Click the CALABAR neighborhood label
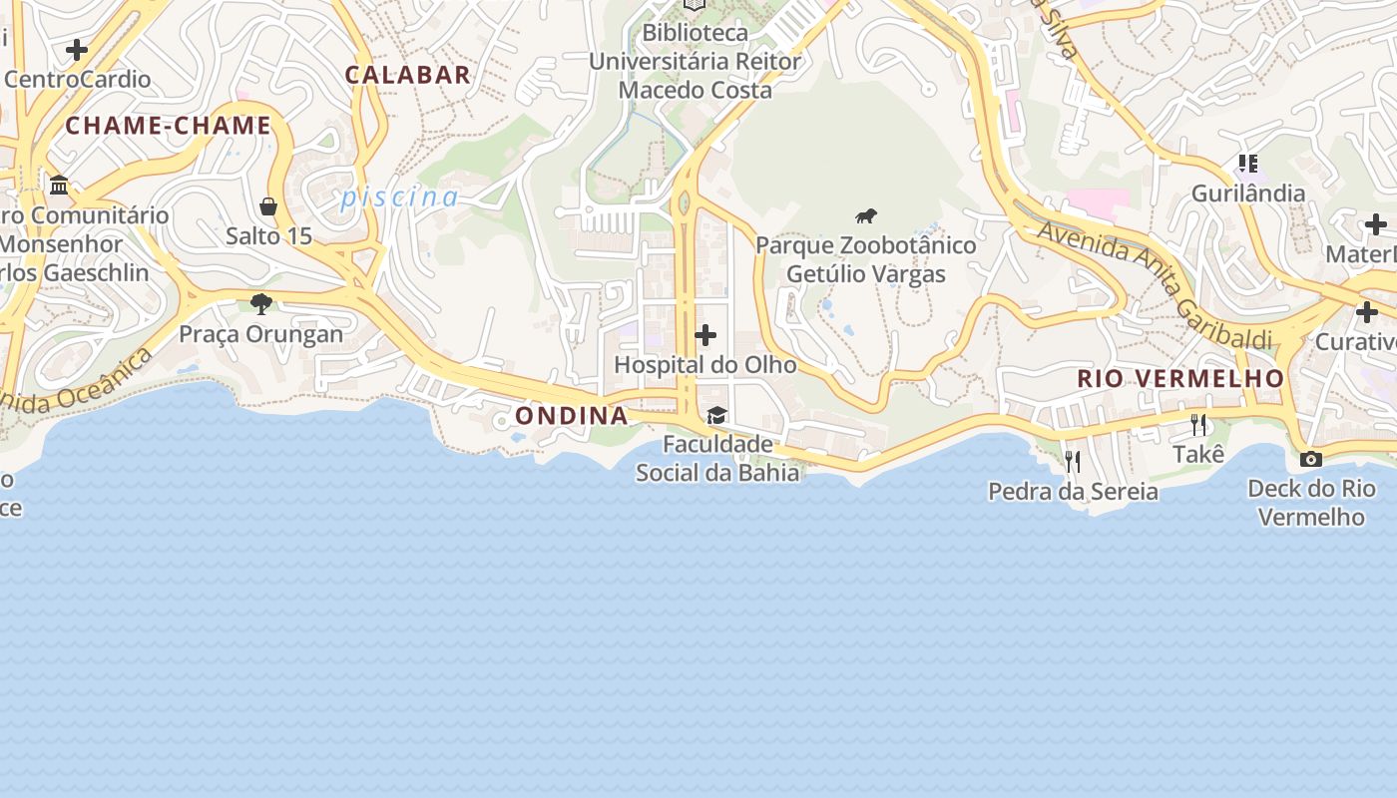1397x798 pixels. pos(407,75)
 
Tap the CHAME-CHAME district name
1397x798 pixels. pos(169,126)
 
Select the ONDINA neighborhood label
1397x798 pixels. pos(572,416)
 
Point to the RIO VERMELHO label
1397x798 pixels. pos(1180,379)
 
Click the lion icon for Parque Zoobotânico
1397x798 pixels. pos(866,215)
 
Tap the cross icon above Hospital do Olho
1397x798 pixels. pos(705,335)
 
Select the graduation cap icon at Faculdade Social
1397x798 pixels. pos(716,415)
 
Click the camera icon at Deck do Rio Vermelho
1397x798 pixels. pos(1311,460)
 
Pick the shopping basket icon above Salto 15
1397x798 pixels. pos(267,207)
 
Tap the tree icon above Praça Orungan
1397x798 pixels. pos(261,303)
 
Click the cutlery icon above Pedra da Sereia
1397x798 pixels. pos(1073,461)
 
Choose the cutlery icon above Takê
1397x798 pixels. pos(1198,425)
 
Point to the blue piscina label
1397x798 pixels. pos(399,198)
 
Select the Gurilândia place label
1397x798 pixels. pos(1247,194)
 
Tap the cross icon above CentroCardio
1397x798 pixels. pos(77,50)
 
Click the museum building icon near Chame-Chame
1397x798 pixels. pos(59,186)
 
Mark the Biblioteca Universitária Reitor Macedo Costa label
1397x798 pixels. pos(695,61)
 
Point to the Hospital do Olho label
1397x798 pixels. pos(705,365)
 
